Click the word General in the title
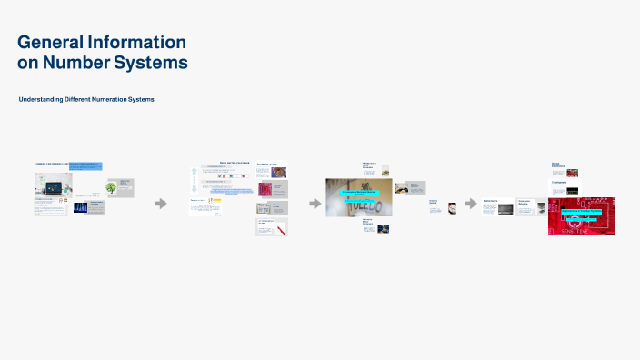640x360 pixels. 57,42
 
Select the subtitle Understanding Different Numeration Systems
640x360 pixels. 86,98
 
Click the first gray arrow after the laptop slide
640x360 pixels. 161,204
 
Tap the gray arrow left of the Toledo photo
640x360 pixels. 315,204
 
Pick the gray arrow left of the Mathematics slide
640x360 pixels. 471,204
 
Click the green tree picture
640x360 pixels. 111,188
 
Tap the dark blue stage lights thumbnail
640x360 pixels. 80,207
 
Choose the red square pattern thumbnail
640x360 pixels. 265,189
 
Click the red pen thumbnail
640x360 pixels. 282,227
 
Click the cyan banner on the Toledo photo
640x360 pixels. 358,194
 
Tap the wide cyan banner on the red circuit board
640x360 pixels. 582,211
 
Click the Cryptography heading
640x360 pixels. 559,183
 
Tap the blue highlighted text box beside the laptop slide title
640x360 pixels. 86,166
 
